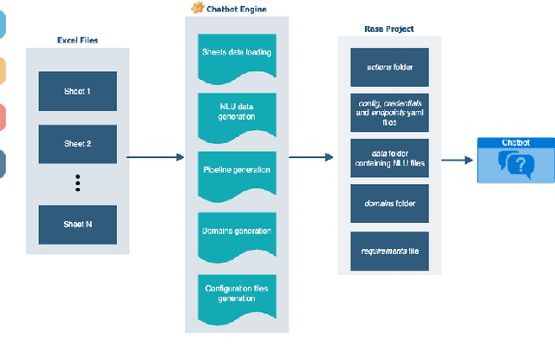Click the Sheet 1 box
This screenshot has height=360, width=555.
77,91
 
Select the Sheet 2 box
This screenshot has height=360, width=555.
77,143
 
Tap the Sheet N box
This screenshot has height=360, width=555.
77,224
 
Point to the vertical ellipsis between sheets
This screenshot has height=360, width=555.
77,183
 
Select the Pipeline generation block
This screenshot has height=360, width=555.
236,170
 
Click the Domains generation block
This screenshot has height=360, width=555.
236,232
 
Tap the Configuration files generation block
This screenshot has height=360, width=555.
236,293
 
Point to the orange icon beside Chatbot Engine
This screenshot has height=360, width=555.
197,9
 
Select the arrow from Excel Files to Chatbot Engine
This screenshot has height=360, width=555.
155,157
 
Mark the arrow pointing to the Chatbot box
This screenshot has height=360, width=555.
456,160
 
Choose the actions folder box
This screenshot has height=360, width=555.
388,67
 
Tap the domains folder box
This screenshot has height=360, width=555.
388,204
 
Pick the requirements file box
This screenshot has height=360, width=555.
388,251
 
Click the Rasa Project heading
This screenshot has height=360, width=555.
388,29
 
